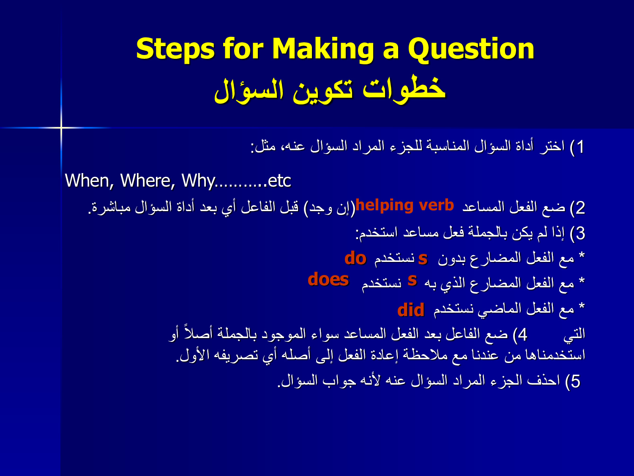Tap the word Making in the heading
click(x=323, y=50)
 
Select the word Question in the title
click(x=471, y=49)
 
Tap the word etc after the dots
click(x=279, y=181)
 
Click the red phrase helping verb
click(x=404, y=206)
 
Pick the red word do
click(x=355, y=258)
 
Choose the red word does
click(x=328, y=280)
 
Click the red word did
click(x=411, y=310)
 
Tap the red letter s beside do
click(x=423, y=259)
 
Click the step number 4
click(x=522, y=335)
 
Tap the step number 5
click(x=575, y=381)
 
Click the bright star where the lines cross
click(x=61, y=127)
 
